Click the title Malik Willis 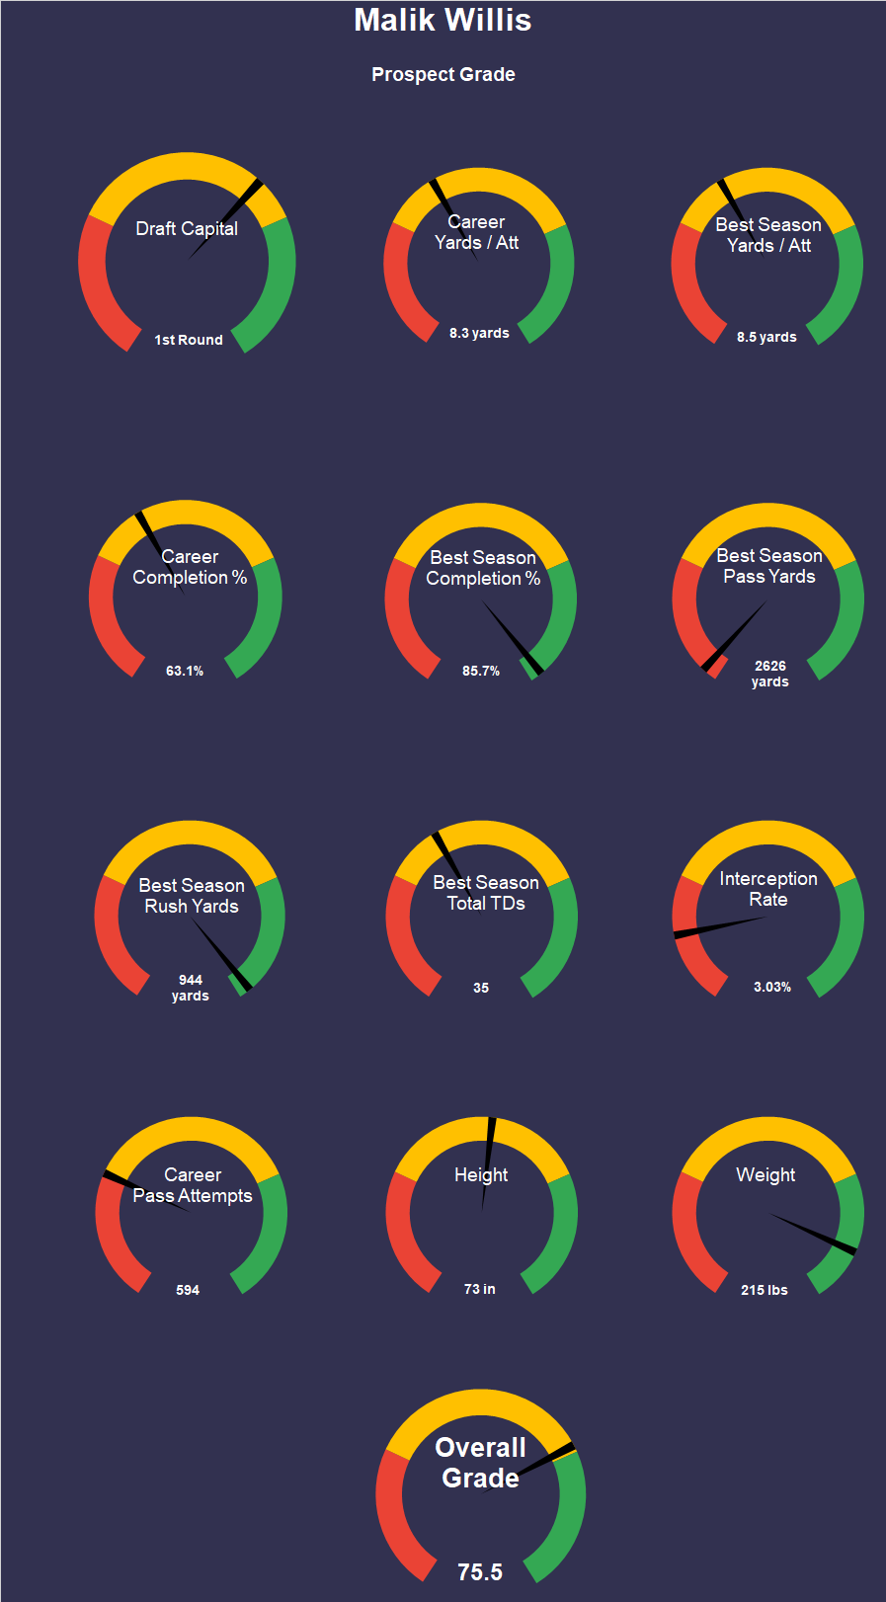coord(443,21)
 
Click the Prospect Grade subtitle coord(443,75)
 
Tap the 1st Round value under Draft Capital coord(189,340)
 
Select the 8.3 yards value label coord(479,333)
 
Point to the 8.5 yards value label coord(766,337)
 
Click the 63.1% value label coord(185,671)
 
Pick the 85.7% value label coord(481,671)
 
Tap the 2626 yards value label coord(770,674)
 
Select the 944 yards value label coord(191,988)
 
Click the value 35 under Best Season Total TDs coord(481,988)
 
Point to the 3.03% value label coord(772,987)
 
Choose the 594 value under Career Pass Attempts coord(188,1290)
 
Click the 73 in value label coord(480,1289)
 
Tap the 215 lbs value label coord(765,1290)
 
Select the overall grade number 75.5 coord(480,1572)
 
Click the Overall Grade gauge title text coord(480,1463)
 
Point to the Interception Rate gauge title coord(768,889)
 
